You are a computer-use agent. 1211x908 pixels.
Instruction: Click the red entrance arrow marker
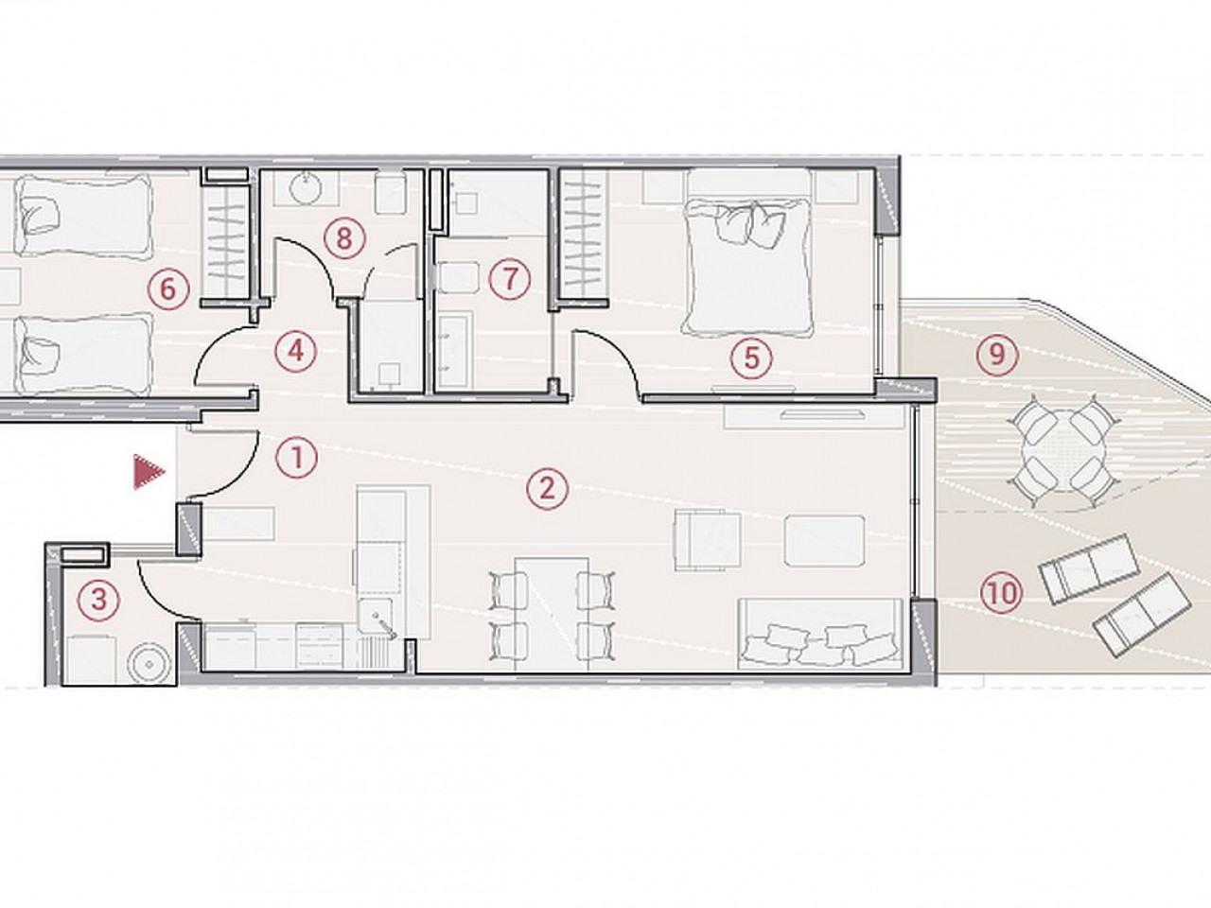click(148, 472)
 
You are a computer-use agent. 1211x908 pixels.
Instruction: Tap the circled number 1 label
click(297, 458)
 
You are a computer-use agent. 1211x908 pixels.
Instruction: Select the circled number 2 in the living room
click(547, 488)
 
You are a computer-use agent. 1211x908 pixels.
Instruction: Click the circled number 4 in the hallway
click(296, 351)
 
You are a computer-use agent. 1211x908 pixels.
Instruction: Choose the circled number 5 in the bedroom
click(751, 358)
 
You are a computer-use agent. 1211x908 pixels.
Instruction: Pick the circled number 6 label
click(168, 288)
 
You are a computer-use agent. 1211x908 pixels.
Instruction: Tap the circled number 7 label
click(510, 278)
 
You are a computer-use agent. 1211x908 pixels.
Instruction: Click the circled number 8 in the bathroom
click(343, 238)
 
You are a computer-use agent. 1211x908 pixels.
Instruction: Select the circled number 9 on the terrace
click(997, 354)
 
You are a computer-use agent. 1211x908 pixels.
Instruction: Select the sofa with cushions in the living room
click(820, 635)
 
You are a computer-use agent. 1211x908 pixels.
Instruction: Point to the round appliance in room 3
click(148, 665)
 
